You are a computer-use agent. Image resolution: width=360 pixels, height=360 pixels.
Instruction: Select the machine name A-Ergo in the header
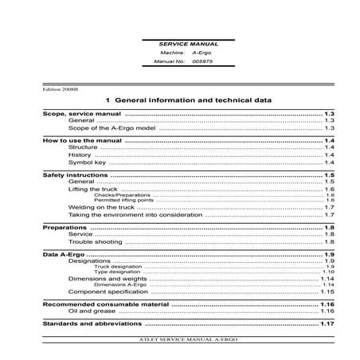coord(192,52)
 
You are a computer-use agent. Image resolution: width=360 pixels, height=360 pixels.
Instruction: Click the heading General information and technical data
coord(189,101)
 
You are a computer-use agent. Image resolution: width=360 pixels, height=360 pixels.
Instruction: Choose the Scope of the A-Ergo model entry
coord(114,127)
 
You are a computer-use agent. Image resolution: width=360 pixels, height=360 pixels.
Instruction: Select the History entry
coord(80,155)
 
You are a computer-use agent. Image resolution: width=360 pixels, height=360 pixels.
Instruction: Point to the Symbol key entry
coord(87,162)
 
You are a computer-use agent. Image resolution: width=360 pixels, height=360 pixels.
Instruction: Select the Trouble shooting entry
coord(93,241)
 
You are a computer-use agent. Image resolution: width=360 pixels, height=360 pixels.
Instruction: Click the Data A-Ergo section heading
coord(62,254)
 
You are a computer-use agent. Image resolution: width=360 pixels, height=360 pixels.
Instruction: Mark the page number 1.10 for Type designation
coord(327,272)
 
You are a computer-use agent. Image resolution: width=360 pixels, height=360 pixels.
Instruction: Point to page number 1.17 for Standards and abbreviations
coord(326,325)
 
